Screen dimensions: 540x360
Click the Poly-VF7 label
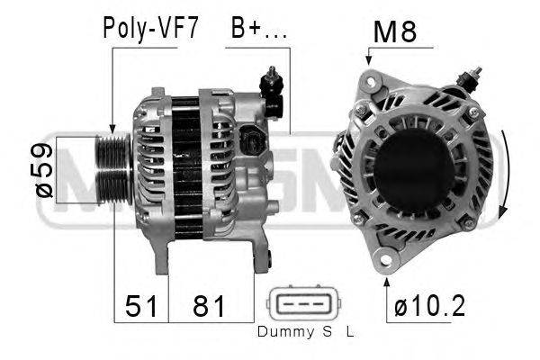[151, 29]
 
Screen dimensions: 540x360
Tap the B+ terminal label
[258, 28]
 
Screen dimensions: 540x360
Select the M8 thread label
[395, 31]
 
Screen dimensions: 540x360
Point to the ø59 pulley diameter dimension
[44, 170]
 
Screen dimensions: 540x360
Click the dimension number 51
[141, 306]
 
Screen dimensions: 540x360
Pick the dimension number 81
[209, 306]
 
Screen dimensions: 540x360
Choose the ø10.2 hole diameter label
[430, 306]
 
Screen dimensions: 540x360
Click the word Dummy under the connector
[285, 332]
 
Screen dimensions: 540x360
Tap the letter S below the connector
[328, 332]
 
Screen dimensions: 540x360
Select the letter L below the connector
[350, 332]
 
